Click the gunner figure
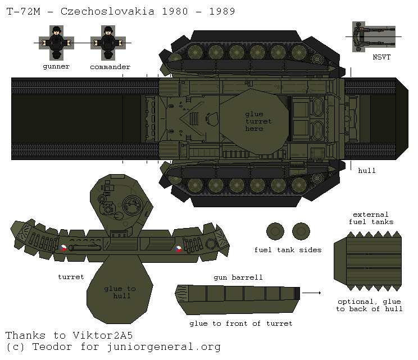pos(56,43)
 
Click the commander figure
pos(108,43)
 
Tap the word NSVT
pos(381,57)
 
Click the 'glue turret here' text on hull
pos(258,121)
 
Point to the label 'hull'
pos(367,170)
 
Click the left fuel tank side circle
pos(275,231)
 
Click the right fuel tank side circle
pos(301,231)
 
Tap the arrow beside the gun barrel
pos(315,293)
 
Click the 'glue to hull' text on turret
pos(120,292)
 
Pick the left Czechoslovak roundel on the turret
pos(63,248)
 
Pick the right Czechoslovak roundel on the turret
pos(178,248)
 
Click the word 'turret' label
pos(71,277)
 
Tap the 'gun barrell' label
pos(238,277)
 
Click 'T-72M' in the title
pos(22,11)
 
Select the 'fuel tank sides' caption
pos(288,250)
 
